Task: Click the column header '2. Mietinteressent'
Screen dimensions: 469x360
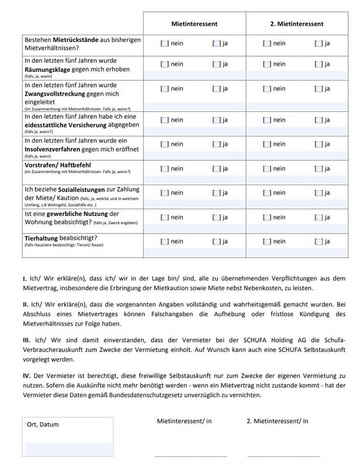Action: click(296, 23)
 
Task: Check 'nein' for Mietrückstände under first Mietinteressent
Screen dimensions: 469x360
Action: click(165, 43)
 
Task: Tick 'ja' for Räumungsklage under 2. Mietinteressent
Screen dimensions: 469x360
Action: click(318, 64)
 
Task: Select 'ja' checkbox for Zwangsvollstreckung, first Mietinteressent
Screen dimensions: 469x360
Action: click(216, 89)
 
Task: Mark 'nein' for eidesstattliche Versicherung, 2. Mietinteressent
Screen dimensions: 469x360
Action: click(267, 120)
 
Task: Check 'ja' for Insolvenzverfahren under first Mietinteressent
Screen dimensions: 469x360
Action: click(216, 144)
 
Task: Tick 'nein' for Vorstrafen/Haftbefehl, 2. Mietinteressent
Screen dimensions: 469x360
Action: click(267, 169)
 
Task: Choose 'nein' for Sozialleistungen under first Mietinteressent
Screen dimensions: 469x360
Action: click(165, 193)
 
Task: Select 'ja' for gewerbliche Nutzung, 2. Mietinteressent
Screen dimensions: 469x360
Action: click(318, 217)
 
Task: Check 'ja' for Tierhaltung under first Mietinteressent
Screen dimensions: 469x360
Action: click(216, 241)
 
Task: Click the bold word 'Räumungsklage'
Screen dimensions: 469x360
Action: click(47, 69)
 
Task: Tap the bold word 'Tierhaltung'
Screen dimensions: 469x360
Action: click(41, 238)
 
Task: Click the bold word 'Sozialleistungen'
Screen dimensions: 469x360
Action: click(81, 190)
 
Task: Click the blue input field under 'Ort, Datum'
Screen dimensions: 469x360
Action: click(68, 449)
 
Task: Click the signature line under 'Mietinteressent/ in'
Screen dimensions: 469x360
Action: click(191, 456)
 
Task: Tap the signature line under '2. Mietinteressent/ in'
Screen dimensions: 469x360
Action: click(283, 456)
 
